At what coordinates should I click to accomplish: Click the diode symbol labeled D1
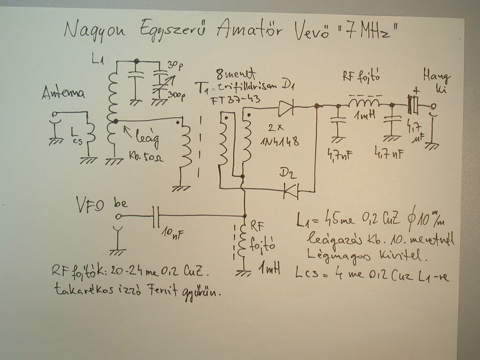point(286,108)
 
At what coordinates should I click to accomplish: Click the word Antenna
point(63,94)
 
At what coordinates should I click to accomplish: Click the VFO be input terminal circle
point(118,216)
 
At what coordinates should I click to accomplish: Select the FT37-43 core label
point(235,100)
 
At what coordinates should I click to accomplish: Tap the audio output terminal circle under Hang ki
point(433,106)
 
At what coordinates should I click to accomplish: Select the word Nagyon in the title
point(95,31)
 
